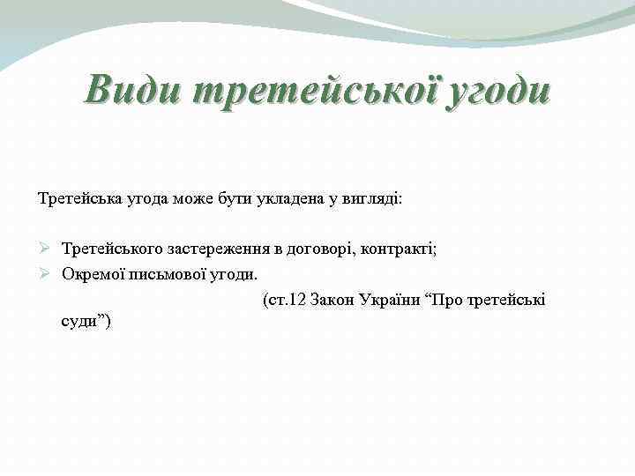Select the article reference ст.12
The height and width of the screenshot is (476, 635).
[282, 300]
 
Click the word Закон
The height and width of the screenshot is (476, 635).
[333, 300]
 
